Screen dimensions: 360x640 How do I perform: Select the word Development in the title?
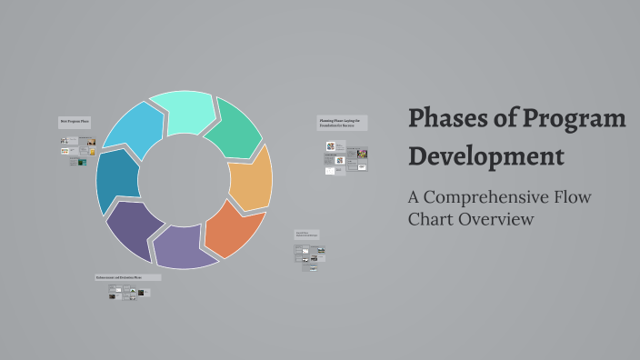click(485, 155)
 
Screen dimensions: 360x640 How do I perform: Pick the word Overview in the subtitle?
click(499, 219)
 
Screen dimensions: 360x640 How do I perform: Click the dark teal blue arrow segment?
click(115, 179)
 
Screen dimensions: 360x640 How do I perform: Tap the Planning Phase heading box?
click(342, 123)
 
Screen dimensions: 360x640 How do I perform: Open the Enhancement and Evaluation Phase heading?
click(127, 277)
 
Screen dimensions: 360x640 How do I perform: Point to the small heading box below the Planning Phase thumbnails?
click(306, 235)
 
